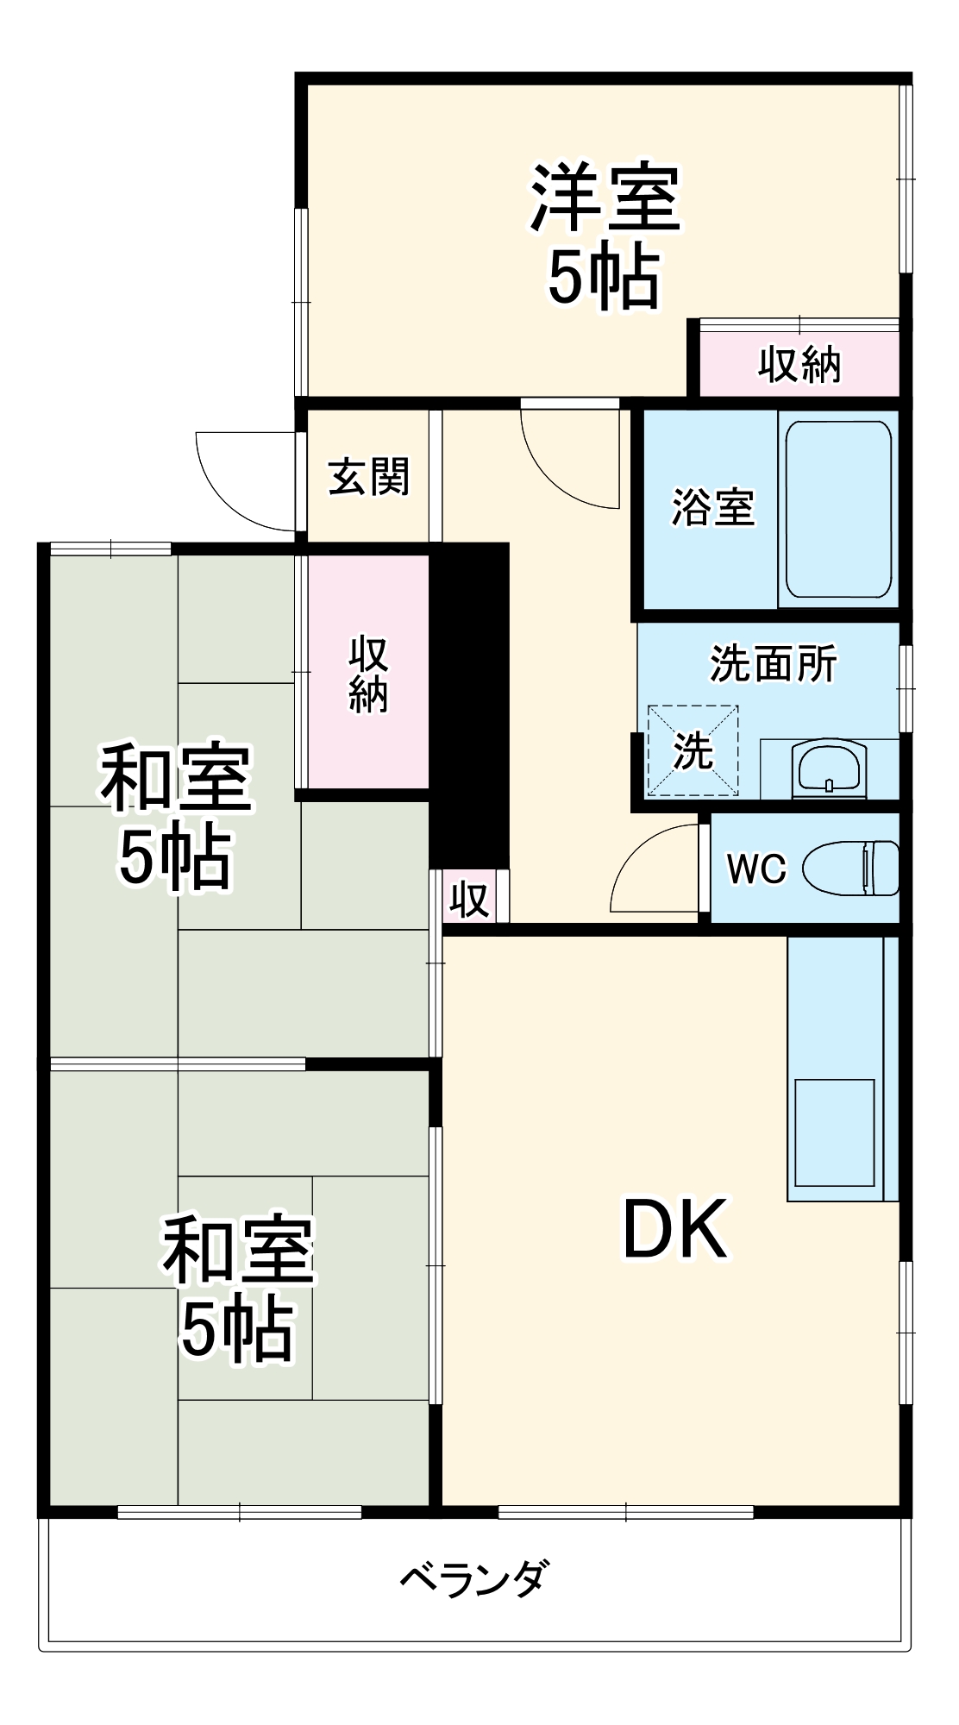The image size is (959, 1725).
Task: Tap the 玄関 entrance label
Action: tap(369, 477)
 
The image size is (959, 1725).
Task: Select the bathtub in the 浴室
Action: tap(838, 509)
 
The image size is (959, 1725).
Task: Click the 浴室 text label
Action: tap(713, 507)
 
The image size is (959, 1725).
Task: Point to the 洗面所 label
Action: tap(773, 664)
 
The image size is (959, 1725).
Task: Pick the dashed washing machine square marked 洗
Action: tap(693, 750)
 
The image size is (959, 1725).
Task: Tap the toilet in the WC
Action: tap(852, 868)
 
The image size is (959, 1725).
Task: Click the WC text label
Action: tap(756, 869)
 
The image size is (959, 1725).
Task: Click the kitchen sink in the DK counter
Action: tap(834, 1135)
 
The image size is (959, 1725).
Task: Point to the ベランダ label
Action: tap(473, 1581)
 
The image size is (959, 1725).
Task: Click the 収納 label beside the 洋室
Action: tap(799, 364)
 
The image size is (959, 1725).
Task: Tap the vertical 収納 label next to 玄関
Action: tap(368, 674)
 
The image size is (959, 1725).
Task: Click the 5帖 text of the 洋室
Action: tap(605, 279)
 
